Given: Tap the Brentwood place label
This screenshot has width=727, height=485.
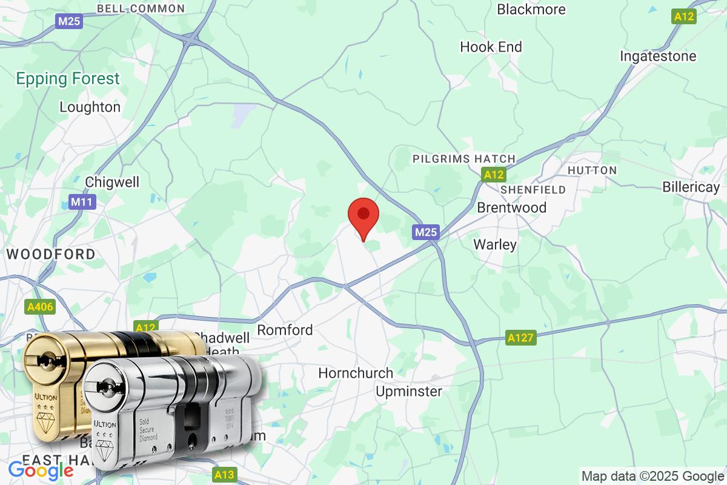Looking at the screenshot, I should (511, 207).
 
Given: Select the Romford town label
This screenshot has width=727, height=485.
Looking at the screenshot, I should (285, 330).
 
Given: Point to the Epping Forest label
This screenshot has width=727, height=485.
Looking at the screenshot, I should (68, 78).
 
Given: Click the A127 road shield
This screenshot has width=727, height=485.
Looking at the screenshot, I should (521, 338).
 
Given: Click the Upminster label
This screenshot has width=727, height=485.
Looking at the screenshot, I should (409, 391).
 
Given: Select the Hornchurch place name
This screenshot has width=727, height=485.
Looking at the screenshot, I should (356, 373).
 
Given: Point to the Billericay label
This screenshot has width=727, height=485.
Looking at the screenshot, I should (691, 187).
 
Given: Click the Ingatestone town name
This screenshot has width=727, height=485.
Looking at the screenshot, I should (658, 56).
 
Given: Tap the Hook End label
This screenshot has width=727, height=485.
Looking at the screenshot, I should (491, 47).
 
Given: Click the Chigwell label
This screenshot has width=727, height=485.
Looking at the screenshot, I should (112, 182).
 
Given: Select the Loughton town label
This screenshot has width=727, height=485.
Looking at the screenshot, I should (90, 107).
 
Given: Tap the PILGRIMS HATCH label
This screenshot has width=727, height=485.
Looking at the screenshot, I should (463, 159).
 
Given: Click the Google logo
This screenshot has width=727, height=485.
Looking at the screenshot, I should (41, 470).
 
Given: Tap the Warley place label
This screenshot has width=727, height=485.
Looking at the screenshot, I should (495, 244).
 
